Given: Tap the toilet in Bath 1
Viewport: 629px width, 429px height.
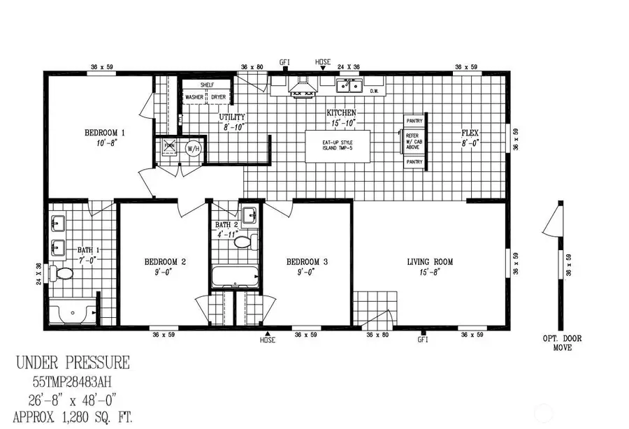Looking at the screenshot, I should click(64, 273).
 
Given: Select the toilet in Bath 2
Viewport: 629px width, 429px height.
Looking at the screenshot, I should click(243, 242).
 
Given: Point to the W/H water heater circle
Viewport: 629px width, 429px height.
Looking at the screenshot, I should click(192, 148).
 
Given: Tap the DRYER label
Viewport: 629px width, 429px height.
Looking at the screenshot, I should click(219, 97).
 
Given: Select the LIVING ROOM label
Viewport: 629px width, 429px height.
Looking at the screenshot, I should click(430, 262).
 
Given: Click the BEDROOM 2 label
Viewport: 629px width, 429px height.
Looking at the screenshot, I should click(165, 262).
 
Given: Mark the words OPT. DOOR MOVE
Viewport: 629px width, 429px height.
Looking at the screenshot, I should click(557, 342).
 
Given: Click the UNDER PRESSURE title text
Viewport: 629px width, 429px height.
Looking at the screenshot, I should click(72, 363).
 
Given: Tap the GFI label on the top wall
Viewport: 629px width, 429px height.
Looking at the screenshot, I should click(284, 61).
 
